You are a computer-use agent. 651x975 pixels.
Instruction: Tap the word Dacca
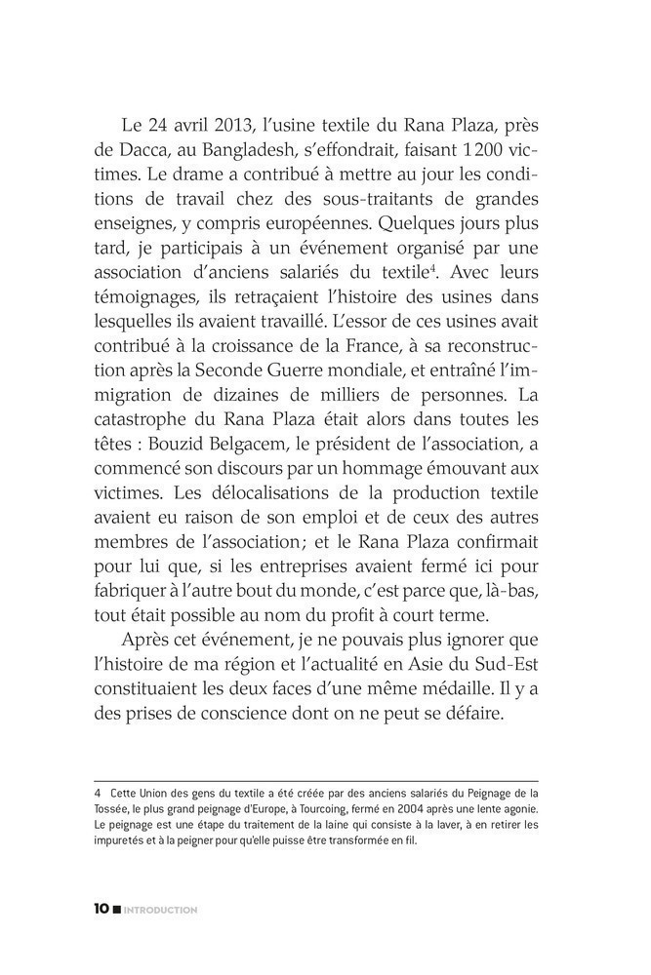point(143,154)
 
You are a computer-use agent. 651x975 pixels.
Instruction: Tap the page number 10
point(102,909)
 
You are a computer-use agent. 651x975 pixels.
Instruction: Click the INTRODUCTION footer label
point(161,910)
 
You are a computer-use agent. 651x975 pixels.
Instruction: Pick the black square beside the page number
point(117,910)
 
